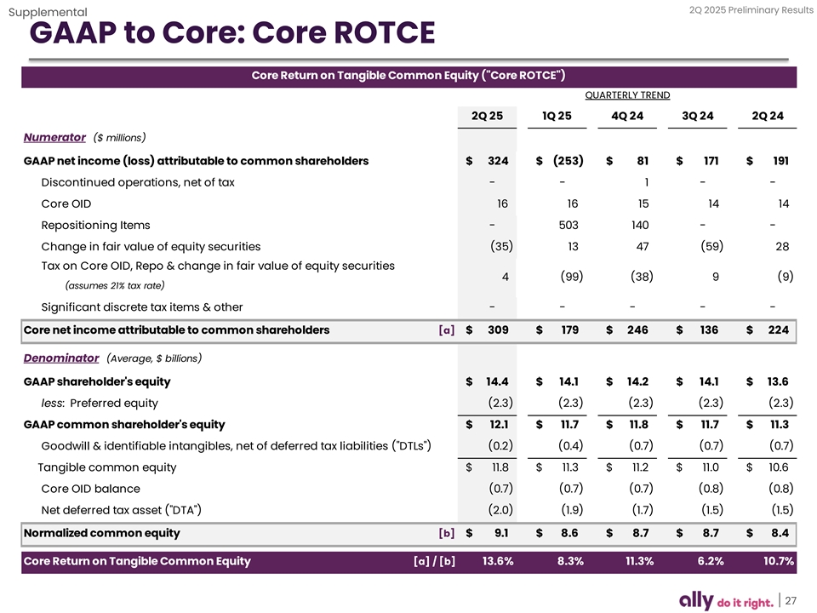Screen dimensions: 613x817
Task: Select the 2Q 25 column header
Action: coord(487,116)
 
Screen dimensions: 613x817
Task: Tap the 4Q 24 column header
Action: coord(627,116)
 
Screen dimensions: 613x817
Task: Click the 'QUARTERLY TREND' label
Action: coord(627,95)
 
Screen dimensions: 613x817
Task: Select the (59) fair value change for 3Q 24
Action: coord(707,247)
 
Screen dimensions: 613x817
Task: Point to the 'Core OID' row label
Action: coord(66,203)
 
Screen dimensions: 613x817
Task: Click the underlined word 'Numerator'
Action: coord(54,137)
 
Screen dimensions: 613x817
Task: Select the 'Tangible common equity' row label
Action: coord(107,467)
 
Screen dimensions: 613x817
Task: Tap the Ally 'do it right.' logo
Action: coord(726,600)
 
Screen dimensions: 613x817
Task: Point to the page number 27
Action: coord(791,600)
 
